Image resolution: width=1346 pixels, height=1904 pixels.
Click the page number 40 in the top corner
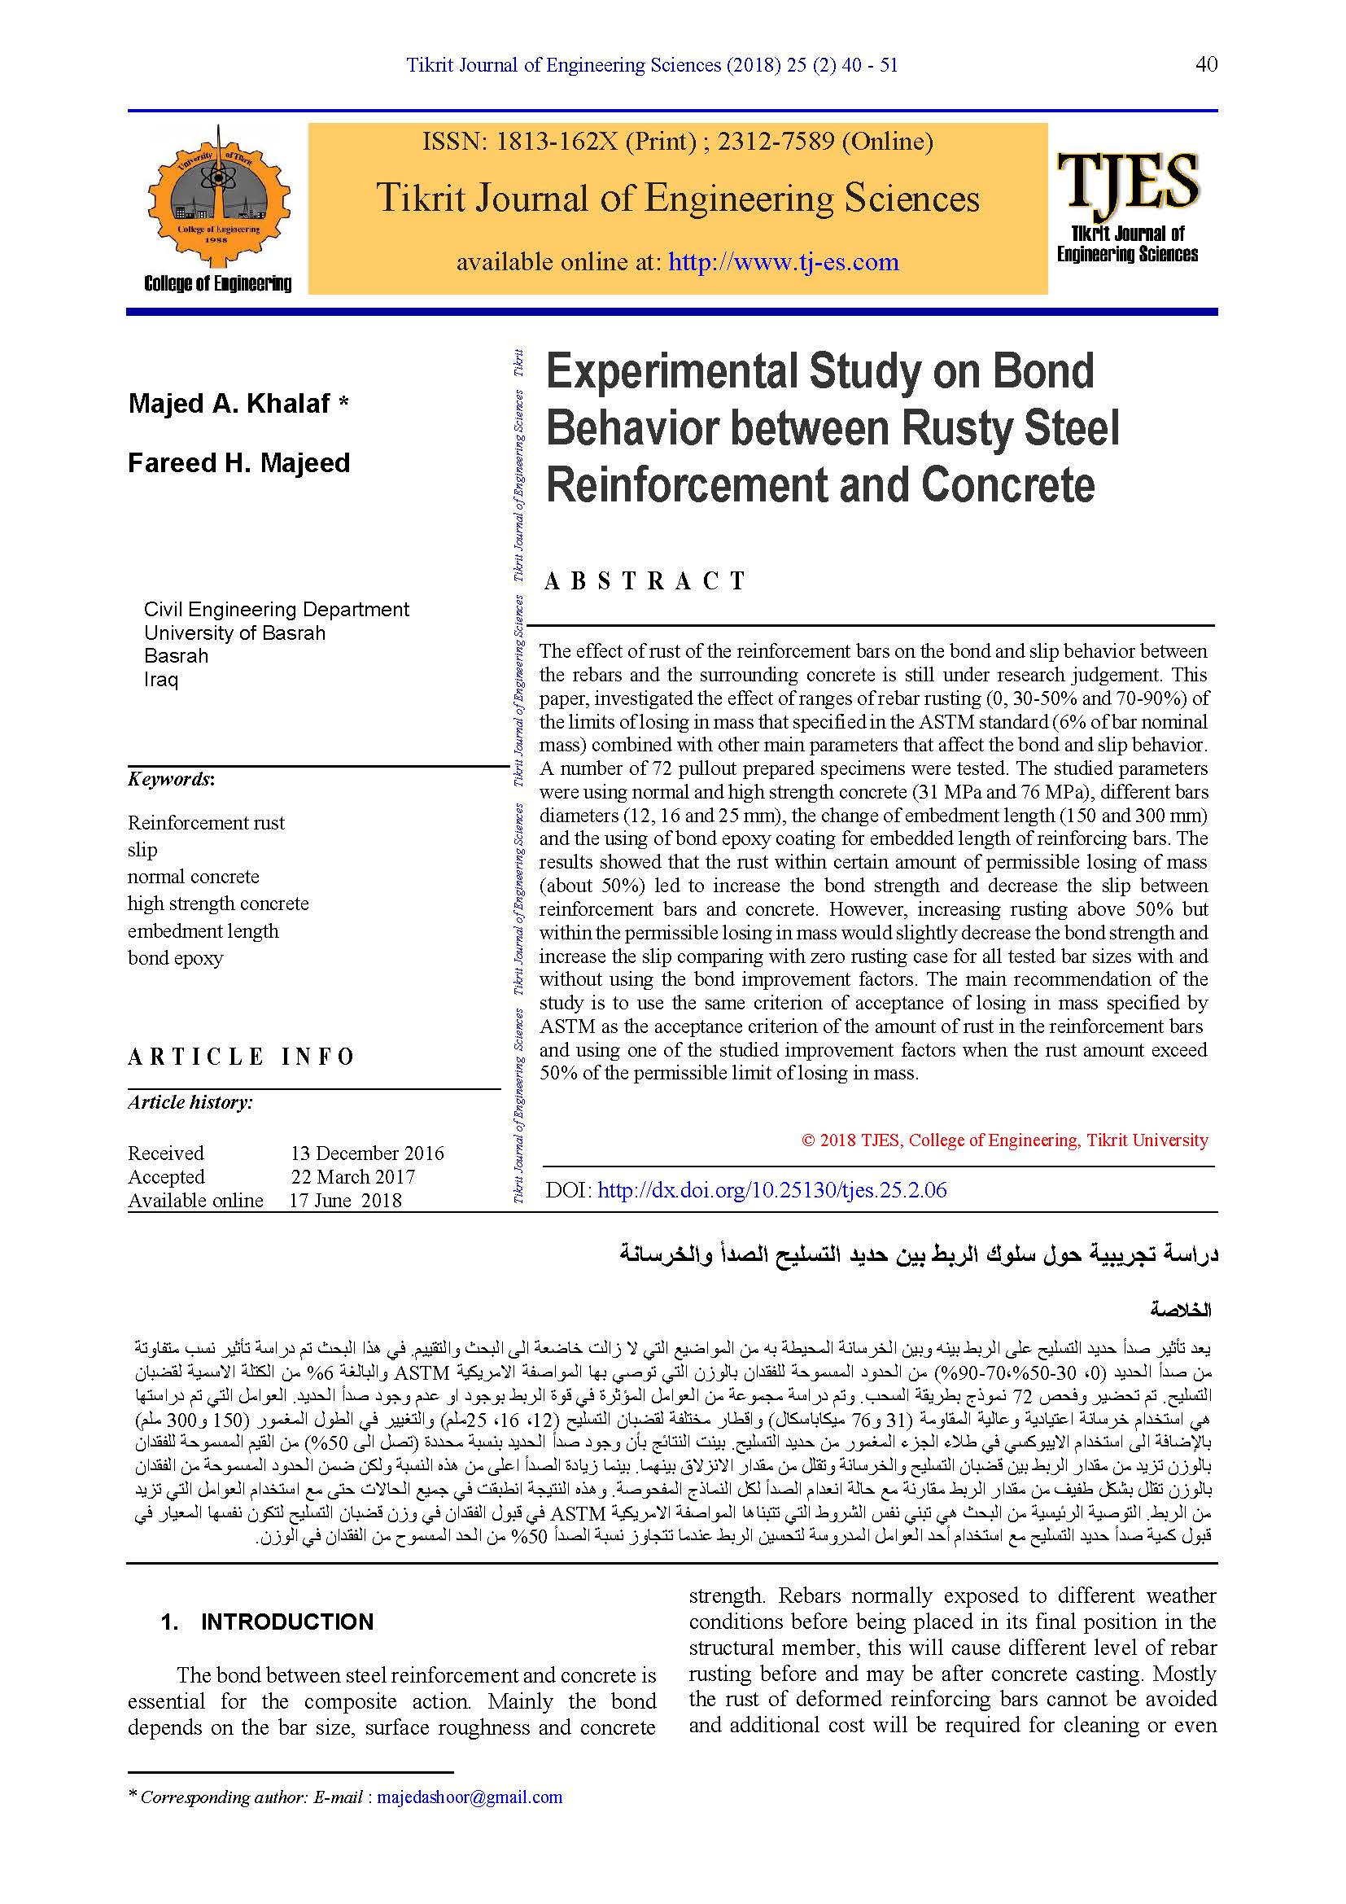tap(1206, 64)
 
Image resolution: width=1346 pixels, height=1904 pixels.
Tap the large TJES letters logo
tap(1127, 180)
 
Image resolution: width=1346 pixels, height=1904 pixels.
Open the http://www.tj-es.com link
tap(783, 262)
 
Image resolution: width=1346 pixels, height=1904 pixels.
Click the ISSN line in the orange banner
tap(677, 142)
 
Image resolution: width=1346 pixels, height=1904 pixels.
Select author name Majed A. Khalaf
tap(229, 404)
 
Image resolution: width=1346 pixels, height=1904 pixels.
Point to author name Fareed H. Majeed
tap(238, 462)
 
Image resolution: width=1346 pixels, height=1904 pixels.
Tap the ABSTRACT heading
tap(644, 581)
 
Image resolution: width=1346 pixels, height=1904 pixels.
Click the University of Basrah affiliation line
tap(234, 632)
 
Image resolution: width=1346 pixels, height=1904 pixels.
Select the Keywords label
tap(171, 779)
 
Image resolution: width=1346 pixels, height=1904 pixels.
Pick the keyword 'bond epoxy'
tap(176, 958)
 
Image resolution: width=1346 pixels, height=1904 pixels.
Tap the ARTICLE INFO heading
tap(240, 1057)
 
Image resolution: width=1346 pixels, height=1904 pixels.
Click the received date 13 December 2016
tap(367, 1153)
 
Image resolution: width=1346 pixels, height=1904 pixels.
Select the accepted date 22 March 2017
tap(353, 1177)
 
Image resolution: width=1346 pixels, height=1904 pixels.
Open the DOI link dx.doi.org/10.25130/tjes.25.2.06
tap(771, 1190)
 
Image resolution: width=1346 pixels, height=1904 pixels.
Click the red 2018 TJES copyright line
tap(1004, 1140)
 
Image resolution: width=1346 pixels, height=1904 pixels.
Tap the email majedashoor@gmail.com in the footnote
tap(470, 1797)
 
